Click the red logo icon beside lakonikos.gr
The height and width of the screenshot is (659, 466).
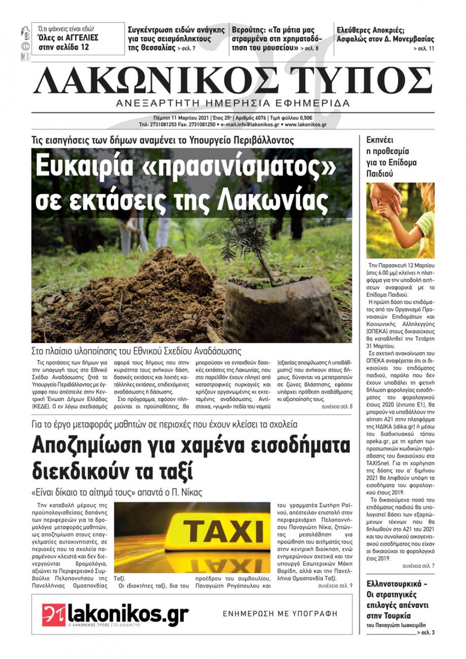(54, 615)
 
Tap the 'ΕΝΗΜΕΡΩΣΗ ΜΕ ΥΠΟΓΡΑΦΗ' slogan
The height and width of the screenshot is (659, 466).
(280, 614)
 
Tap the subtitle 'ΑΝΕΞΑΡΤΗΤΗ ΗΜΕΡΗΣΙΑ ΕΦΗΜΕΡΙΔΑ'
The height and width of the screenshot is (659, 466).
(233, 103)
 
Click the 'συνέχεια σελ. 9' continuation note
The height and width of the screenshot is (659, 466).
(335, 585)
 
